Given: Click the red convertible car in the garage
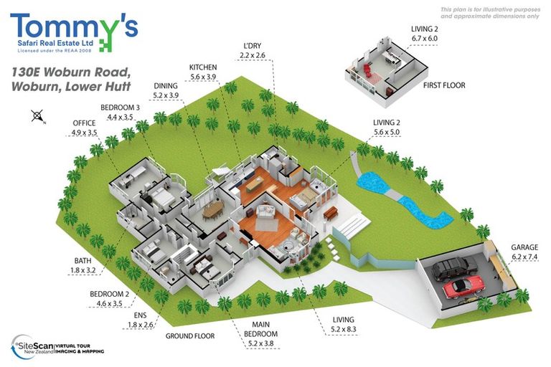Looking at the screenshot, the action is [464, 286].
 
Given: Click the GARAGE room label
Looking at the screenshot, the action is [524, 247].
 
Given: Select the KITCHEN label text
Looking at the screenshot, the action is [203, 67].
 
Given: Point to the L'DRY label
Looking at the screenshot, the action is [253, 46].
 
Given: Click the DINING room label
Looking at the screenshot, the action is [166, 86].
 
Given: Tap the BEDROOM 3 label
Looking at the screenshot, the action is [120, 108].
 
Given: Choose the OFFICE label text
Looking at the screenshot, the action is [84, 123].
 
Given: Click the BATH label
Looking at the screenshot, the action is [83, 261].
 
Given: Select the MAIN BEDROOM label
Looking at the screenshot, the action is [260, 329].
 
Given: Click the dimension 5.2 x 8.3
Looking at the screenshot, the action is [344, 330].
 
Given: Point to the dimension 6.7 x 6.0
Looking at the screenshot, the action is [425, 39].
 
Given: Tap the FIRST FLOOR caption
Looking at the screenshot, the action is [444, 85].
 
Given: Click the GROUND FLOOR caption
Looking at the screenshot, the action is [190, 336].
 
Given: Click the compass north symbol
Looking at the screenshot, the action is [37, 116].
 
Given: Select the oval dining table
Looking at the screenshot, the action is [213, 209].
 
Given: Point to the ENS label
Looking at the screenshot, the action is [140, 315].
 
